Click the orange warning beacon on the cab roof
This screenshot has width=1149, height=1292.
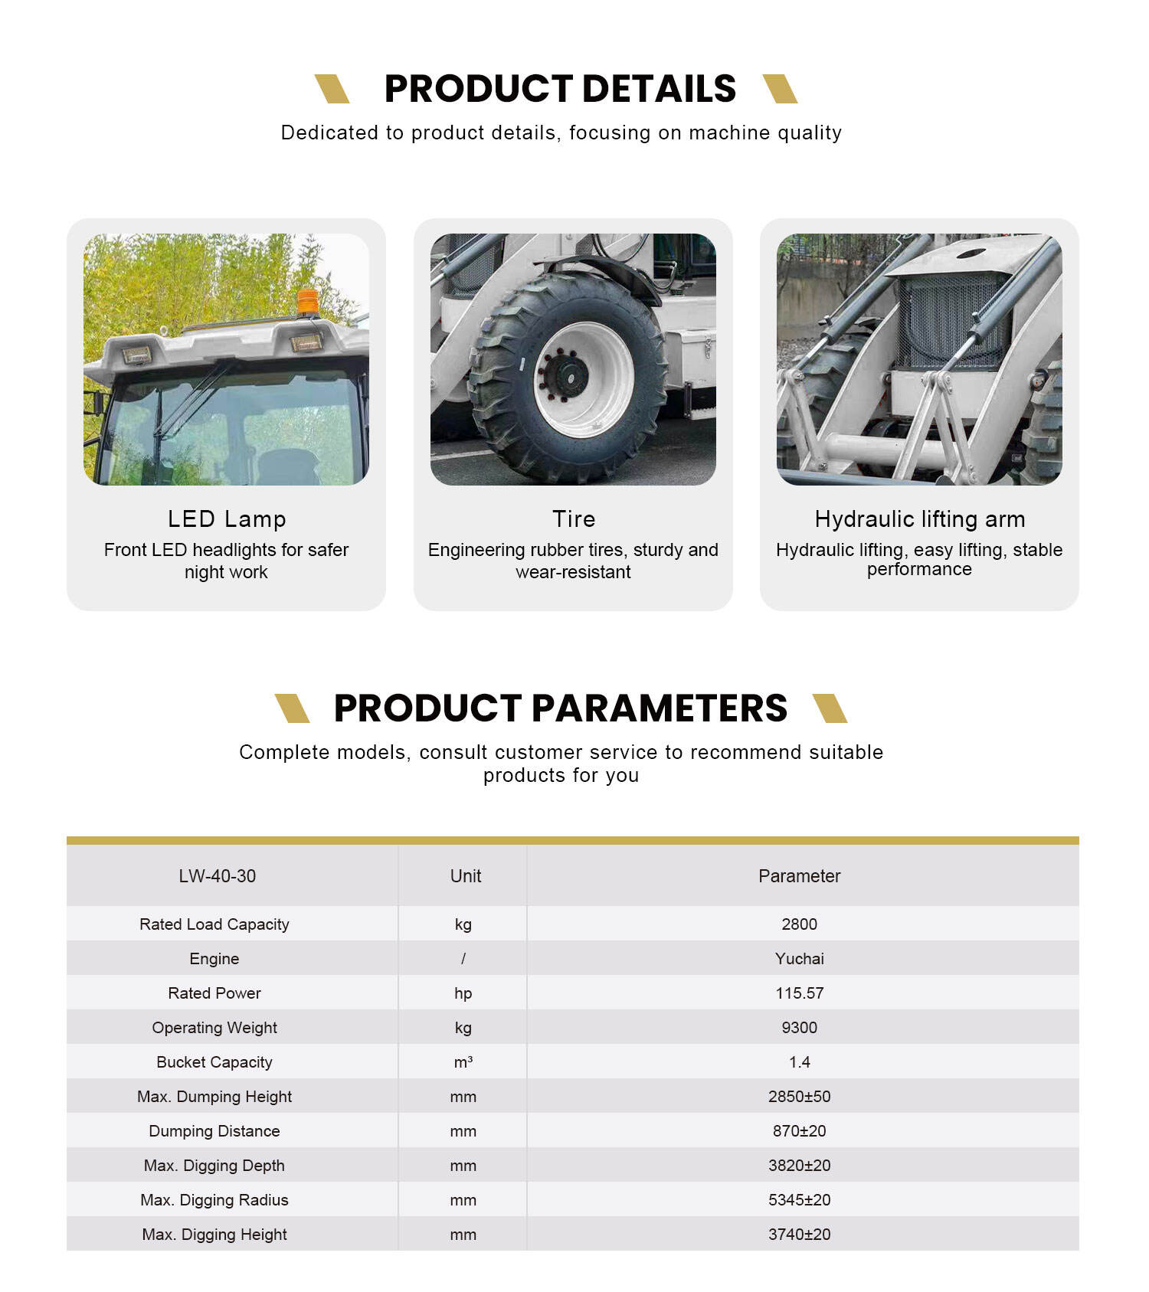[x=308, y=301]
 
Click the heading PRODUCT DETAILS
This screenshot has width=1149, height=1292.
[x=560, y=89]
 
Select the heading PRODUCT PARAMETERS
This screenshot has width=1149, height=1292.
[x=560, y=708]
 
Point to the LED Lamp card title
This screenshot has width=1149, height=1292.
[x=227, y=519]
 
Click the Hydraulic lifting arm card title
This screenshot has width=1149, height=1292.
[x=919, y=519]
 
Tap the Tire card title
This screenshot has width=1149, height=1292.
[x=574, y=519]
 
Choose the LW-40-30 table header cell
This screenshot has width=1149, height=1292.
[x=218, y=876]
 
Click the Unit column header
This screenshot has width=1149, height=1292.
[x=465, y=876]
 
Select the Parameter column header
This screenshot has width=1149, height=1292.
[x=799, y=876]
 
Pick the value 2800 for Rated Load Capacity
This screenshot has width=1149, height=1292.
[x=799, y=924]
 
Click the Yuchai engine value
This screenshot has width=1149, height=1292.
[x=799, y=959]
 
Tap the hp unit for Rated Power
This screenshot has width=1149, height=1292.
[x=463, y=993]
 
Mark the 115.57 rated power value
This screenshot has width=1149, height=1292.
[x=799, y=993]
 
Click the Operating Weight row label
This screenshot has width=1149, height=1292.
[x=214, y=1028]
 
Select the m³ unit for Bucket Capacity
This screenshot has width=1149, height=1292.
[x=463, y=1062]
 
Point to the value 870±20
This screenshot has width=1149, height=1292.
[x=799, y=1131]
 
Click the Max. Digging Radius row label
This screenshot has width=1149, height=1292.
[x=214, y=1200]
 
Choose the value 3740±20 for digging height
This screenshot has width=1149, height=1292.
[x=799, y=1235]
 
